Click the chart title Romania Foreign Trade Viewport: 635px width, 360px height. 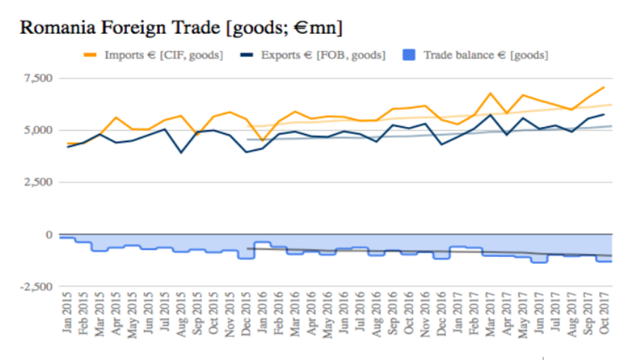(181, 28)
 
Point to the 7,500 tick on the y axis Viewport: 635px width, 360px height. (37, 78)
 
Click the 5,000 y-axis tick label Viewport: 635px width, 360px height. (37, 130)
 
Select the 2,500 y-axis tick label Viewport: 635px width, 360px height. (37, 182)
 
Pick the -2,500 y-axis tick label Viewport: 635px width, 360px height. (36, 287)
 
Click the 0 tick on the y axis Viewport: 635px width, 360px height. (49, 234)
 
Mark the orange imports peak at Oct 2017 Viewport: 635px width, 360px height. (604, 87)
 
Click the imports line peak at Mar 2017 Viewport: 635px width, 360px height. (490, 92)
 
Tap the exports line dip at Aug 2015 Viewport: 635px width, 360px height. (181, 152)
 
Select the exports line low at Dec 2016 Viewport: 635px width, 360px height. (442, 145)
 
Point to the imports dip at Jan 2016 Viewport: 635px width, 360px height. (262, 140)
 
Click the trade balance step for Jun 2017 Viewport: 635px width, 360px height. (539, 262)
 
